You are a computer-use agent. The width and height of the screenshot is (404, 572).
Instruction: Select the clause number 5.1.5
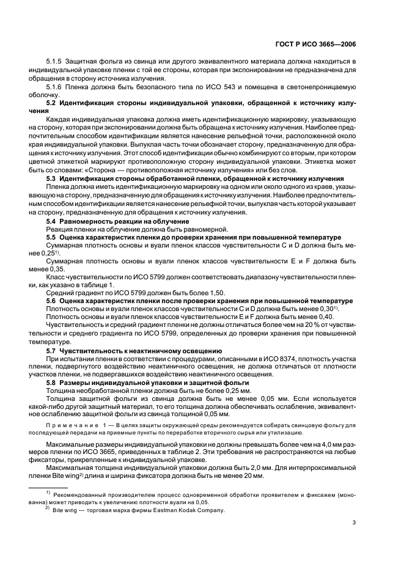pos(56,63)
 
